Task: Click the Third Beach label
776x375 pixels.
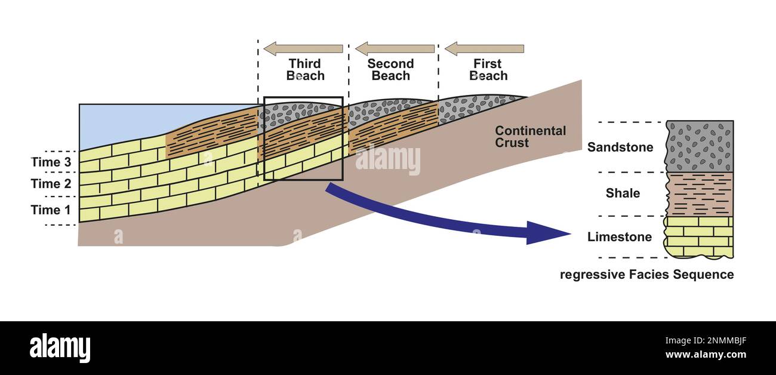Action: pyautogui.click(x=305, y=70)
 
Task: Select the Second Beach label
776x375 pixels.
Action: pyautogui.click(x=390, y=70)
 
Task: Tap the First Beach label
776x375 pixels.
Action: pyautogui.click(x=488, y=70)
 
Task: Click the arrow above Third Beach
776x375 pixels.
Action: pyautogui.click(x=303, y=48)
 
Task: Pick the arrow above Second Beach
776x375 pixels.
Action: pyautogui.click(x=395, y=48)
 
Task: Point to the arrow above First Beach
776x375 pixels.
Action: pyautogui.click(x=484, y=48)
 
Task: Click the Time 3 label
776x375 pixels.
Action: pyautogui.click(x=54, y=162)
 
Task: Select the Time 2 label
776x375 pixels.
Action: pyautogui.click(x=54, y=184)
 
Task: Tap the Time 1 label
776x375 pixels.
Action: pyautogui.click(x=54, y=210)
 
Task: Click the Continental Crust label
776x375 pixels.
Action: pyautogui.click(x=530, y=137)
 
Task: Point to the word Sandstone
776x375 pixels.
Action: pyautogui.click(x=620, y=147)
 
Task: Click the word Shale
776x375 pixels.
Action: pyautogui.click(x=623, y=193)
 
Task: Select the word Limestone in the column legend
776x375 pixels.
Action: pyautogui.click(x=619, y=237)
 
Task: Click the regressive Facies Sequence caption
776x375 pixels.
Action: pyautogui.click(x=646, y=275)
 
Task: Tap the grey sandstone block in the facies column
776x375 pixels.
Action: pyautogui.click(x=700, y=146)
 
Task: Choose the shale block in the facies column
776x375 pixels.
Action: pyautogui.click(x=700, y=194)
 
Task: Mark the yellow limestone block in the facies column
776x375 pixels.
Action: pyautogui.click(x=700, y=236)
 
